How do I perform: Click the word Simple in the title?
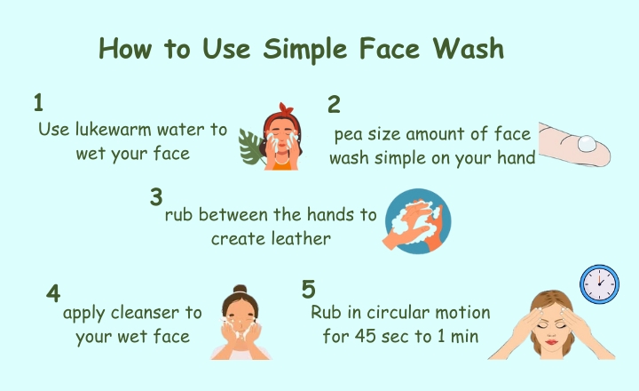pyautogui.click(x=304, y=50)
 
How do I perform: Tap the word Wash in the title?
pyautogui.click(x=469, y=48)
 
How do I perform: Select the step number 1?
pyautogui.click(x=38, y=102)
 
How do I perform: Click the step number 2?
pyautogui.click(x=334, y=105)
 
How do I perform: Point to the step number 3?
pyautogui.click(x=156, y=197)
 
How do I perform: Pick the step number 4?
pyautogui.click(x=53, y=293)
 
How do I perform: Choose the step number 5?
pyautogui.click(x=309, y=290)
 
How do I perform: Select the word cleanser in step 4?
pyautogui.click(x=145, y=313)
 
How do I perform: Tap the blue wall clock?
pyautogui.click(x=599, y=284)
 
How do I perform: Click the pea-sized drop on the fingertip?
pyautogui.click(x=587, y=144)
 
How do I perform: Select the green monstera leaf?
pyautogui.click(x=250, y=147)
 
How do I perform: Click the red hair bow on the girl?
pyautogui.click(x=286, y=109)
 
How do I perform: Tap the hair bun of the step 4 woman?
pyautogui.click(x=241, y=290)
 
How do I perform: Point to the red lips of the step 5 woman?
pyautogui.click(x=551, y=342)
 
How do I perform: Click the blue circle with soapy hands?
pyautogui.click(x=418, y=221)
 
